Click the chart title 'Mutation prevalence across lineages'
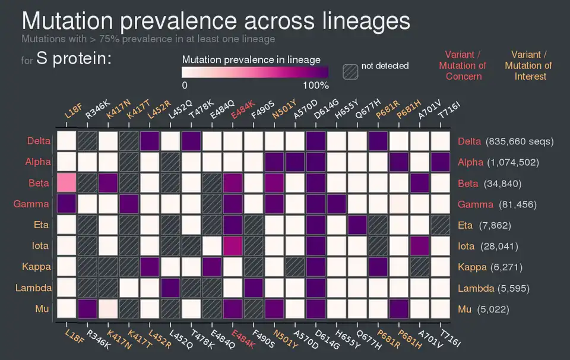coord(216,21)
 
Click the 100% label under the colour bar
coord(315,86)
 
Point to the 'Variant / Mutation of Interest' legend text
coord(528,65)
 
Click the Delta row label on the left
coord(38,141)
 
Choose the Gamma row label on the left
coord(36,204)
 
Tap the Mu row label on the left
coord(43,309)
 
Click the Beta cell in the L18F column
coord(66,183)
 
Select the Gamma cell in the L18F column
coord(66,204)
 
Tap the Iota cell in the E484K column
coord(233,245)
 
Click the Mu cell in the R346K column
coord(87,308)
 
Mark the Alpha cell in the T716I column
coord(441,162)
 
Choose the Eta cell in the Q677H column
coord(357,225)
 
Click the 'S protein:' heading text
coord(74,58)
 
